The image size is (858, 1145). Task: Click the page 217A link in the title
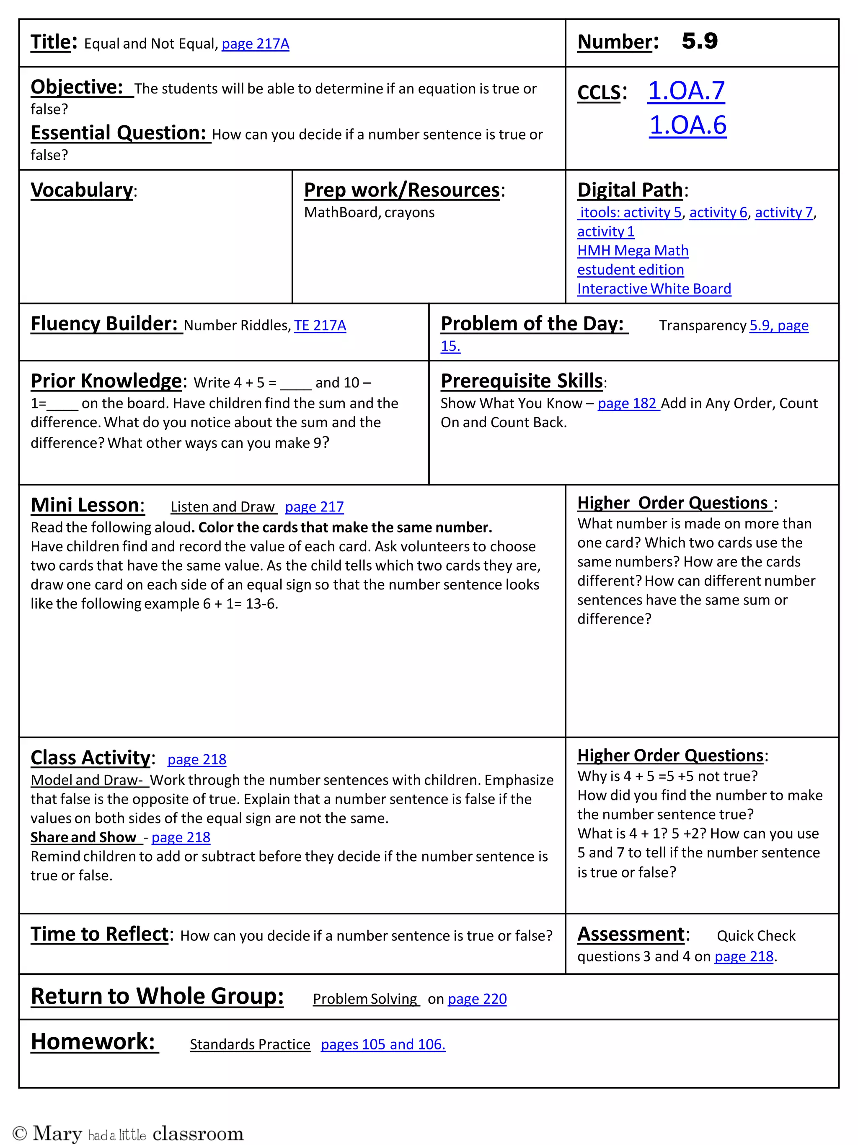pos(255,44)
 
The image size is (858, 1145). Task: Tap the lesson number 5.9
pos(699,42)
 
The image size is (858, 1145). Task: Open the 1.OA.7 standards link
pos(686,91)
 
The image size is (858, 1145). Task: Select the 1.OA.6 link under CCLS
pos(688,125)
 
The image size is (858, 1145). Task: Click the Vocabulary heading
pos(82,190)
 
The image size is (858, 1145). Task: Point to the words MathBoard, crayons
pos(369,212)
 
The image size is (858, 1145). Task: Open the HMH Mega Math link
pos(633,251)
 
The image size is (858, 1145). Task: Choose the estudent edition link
pos(630,270)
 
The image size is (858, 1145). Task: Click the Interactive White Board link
pos(654,289)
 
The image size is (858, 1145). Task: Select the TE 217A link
pos(320,326)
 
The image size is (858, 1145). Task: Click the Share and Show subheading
pos(84,838)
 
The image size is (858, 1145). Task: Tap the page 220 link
pos(477,999)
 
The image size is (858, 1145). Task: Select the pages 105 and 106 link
pos(383,1044)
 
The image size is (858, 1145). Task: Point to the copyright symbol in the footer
pos(19,1133)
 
